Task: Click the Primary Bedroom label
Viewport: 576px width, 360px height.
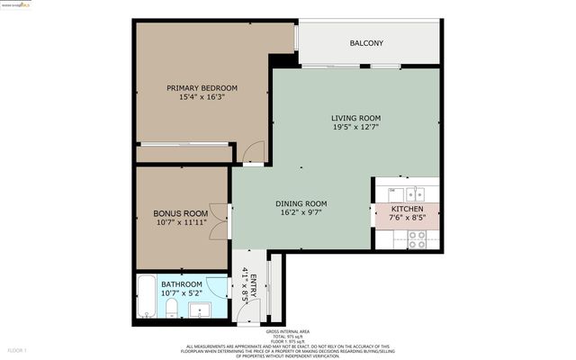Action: pos(202,87)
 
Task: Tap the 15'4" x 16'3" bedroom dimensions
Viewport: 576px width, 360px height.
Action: pos(202,97)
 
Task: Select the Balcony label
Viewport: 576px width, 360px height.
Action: pos(366,43)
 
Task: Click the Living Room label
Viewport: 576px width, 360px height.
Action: pos(355,118)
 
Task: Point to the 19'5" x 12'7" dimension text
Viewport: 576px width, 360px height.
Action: pos(355,128)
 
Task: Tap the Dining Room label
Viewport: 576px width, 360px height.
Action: pos(301,203)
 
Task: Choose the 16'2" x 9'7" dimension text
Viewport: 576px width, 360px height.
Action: pos(301,213)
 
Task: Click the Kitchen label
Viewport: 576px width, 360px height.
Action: pos(406,208)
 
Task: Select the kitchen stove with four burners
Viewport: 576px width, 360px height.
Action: pos(418,238)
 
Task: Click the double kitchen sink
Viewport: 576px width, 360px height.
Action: pos(415,193)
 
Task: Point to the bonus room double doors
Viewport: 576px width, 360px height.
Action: pos(218,219)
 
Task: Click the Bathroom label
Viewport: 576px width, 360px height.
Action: pos(182,284)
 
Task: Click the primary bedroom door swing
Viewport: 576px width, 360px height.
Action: pos(255,154)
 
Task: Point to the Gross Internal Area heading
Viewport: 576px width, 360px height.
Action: pos(288,332)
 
